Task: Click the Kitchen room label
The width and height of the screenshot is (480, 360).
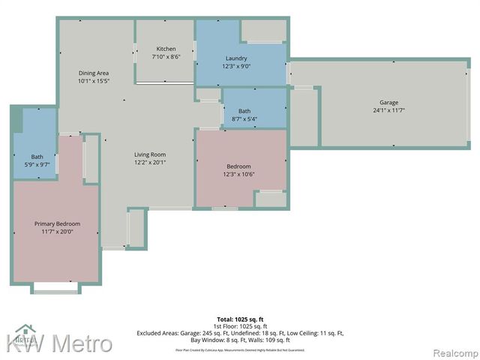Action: pyautogui.click(x=166, y=48)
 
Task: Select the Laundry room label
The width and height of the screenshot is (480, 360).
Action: pyautogui.click(x=236, y=58)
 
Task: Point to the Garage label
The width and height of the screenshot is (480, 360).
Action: pyautogui.click(x=388, y=102)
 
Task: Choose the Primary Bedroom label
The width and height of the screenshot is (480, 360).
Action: pyautogui.click(x=57, y=223)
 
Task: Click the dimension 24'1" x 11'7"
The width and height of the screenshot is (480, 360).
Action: pyautogui.click(x=388, y=110)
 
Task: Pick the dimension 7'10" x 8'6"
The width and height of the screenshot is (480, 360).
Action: pyautogui.click(x=166, y=56)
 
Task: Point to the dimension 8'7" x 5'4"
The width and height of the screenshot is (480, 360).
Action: pyautogui.click(x=244, y=118)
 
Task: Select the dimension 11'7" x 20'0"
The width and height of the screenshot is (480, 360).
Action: pyautogui.click(x=57, y=232)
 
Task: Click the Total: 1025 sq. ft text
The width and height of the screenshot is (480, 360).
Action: pyautogui.click(x=239, y=319)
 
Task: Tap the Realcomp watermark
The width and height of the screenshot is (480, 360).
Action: pyautogui.click(x=454, y=352)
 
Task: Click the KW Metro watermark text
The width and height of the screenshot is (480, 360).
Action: pyautogui.click(x=60, y=344)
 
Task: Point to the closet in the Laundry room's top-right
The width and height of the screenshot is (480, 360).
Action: pyautogui.click(x=263, y=30)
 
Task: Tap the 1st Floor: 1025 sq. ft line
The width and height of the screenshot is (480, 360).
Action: pyautogui.click(x=239, y=326)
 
